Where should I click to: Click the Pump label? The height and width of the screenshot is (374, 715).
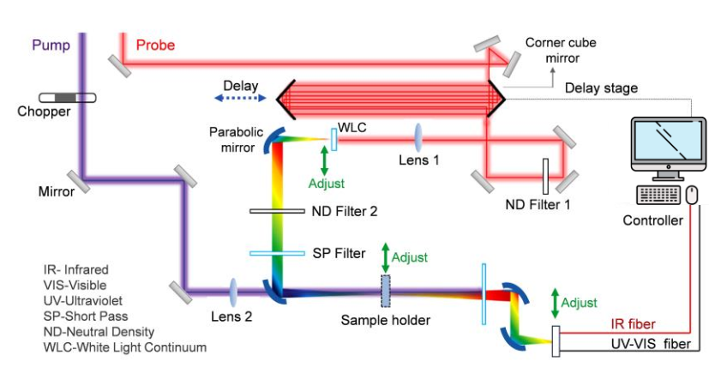click(51, 45)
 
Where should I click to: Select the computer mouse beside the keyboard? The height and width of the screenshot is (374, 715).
click(694, 196)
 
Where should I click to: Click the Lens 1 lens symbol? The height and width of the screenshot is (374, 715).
click(420, 136)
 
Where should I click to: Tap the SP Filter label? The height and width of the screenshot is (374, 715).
click(341, 253)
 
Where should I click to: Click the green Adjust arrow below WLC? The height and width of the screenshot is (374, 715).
click(323, 160)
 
